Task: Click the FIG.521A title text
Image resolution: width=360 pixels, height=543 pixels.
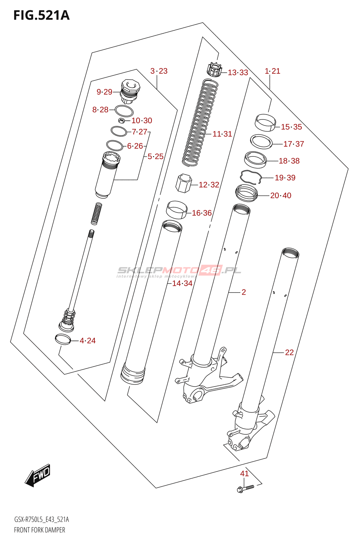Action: [41, 16]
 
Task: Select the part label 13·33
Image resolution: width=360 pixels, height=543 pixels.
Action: [238, 73]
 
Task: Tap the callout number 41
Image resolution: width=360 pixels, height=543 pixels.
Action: [245, 473]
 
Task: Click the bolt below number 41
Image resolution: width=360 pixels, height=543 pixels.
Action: [245, 488]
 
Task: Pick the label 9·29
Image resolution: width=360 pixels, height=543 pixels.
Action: [104, 92]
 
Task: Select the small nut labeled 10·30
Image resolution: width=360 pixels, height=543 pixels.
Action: [121, 120]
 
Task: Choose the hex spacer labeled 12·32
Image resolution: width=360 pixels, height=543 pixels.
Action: [183, 183]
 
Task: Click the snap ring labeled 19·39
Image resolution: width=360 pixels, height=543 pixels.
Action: [251, 176]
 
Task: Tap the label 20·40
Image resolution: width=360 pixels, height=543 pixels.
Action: [281, 195]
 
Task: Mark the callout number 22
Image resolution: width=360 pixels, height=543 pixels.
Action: [289, 353]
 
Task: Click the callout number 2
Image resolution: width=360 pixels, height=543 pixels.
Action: [244, 292]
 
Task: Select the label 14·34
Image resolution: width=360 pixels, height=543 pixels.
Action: [182, 283]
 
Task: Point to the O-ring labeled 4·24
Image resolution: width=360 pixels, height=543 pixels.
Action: [63, 339]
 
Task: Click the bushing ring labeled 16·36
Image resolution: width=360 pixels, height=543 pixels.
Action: [177, 210]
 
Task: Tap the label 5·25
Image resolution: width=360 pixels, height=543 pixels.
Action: [156, 156]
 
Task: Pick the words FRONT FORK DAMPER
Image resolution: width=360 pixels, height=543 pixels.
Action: [39, 530]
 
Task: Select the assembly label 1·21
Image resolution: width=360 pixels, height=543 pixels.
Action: [272, 71]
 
